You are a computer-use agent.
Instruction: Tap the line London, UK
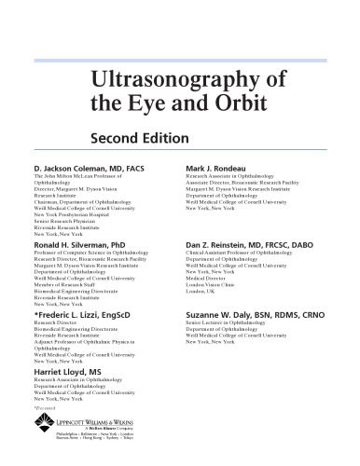tap(201, 291)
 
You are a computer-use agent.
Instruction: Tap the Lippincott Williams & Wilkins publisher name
tap(88, 422)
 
